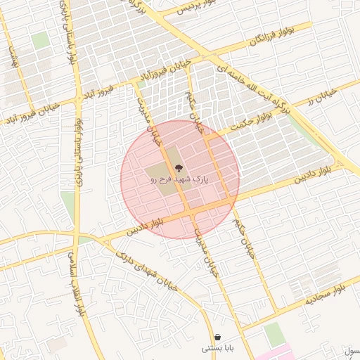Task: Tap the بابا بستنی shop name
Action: [x=217, y=348]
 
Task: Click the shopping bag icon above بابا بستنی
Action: [x=217, y=337]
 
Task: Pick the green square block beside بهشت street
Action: [x=41, y=41]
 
